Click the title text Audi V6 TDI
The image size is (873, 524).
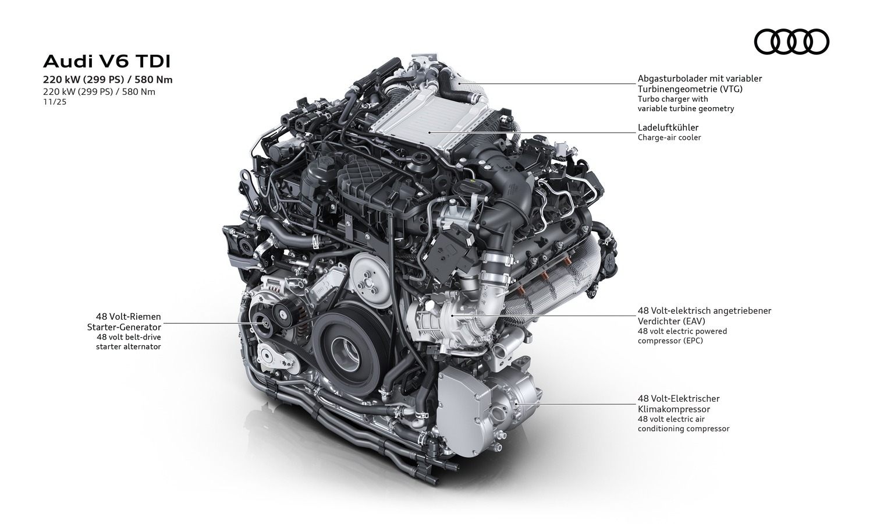coord(107,62)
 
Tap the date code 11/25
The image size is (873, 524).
coord(55,102)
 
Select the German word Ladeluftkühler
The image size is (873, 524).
coord(668,128)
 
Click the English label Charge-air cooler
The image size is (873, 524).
coord(669,137)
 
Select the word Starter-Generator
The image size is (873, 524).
coord(124,327)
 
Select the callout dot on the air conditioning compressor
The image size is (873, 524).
coord(516,404)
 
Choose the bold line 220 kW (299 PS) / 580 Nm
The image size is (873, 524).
coord(108,80)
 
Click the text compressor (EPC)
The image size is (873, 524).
coord(670,341)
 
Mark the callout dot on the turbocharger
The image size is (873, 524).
coord(460,83)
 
